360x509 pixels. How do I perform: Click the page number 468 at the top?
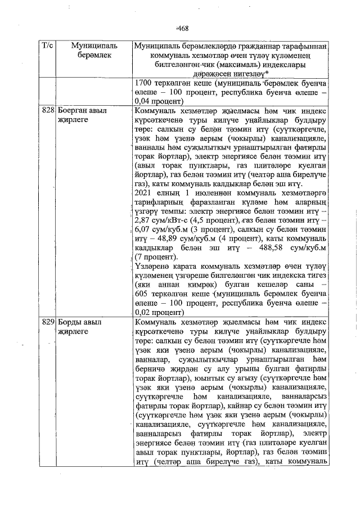(x=182, y=29)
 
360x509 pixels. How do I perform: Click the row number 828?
(x=48, y=111)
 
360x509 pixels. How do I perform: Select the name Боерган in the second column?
(x=73, y=111)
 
